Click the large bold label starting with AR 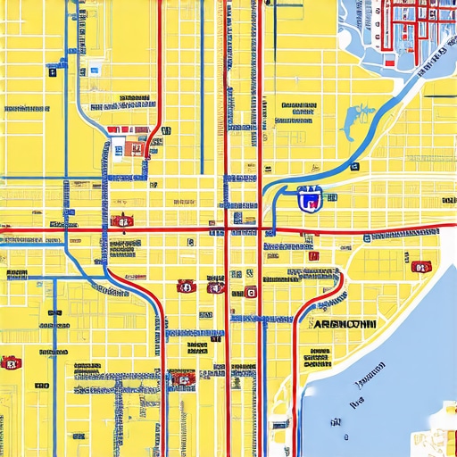(345, 325)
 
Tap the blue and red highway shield (309, 200)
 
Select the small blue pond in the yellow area (361, 115)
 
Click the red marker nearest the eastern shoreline (420, 266)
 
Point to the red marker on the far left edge (10, 362)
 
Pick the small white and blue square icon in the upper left (94, 70)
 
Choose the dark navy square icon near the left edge (52, 72)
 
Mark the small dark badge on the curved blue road (354, 167)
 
